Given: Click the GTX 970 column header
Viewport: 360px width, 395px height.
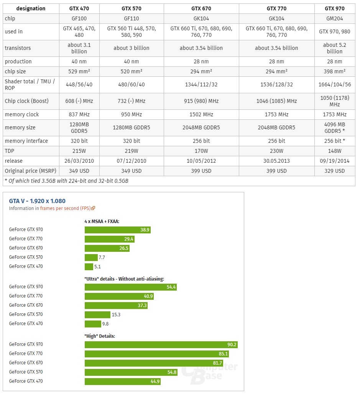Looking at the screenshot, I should [334, 8].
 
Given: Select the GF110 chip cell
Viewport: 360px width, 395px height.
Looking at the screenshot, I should [132, 18].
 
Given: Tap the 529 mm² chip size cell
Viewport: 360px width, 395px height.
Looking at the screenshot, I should [79, 71].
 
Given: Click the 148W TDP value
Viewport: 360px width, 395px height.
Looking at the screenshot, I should [334, 151].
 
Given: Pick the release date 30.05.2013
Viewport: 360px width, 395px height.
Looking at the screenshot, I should [276, 161].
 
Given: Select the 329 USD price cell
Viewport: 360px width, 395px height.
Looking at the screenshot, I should [334, 171].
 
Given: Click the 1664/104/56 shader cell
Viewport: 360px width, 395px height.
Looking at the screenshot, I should [334, 84].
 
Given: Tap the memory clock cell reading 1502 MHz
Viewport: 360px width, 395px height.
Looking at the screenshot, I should [201, 114].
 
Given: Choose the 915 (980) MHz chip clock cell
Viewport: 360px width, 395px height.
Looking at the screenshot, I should [201, 101].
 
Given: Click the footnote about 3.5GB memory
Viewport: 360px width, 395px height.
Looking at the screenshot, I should [66, 181].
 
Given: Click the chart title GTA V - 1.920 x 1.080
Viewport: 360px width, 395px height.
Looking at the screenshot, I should [37, 201].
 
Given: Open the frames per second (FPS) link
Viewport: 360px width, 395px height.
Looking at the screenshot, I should [67, 208].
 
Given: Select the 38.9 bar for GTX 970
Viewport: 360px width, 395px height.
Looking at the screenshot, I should [117, 230].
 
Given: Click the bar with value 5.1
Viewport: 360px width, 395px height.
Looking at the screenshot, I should [89, 266].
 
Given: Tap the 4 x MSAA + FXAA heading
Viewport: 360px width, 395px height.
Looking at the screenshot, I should [102, 221].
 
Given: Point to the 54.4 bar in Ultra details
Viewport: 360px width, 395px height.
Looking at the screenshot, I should [130, 287].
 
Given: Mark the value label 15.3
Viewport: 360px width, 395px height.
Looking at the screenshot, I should [116, 314].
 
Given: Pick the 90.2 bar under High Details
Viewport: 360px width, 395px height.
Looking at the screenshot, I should [161, 344].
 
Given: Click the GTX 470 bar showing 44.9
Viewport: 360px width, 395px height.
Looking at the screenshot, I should [122, 381].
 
